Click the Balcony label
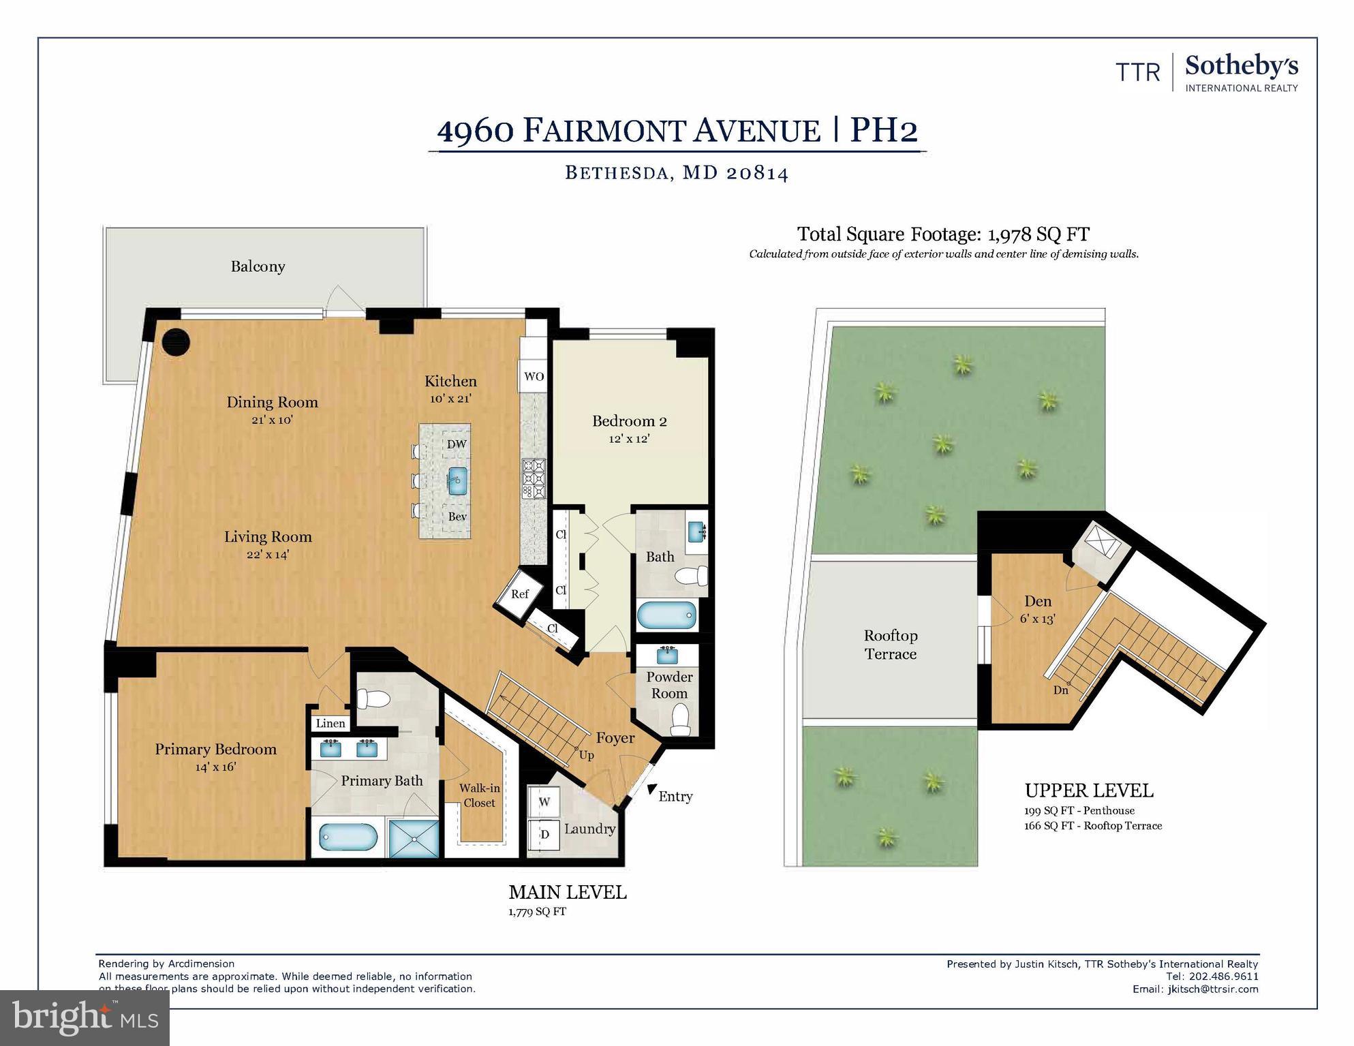coord(258,266)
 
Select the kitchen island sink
coord(457,481)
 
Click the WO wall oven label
coord(534,376)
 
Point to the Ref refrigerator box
coord(520,594)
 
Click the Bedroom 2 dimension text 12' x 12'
coord(628,439)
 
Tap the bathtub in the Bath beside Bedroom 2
coord(667,616)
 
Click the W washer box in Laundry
coord(544,802)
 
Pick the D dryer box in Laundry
coord(544,835)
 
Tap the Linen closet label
coord(330,723)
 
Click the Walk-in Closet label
coord(479,795)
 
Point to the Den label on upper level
coord(1038,601)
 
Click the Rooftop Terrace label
coord(890,645)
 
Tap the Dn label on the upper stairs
coord(1060,690)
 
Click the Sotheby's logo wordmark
coord(1241,67)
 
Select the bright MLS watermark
coord(84,1018)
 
